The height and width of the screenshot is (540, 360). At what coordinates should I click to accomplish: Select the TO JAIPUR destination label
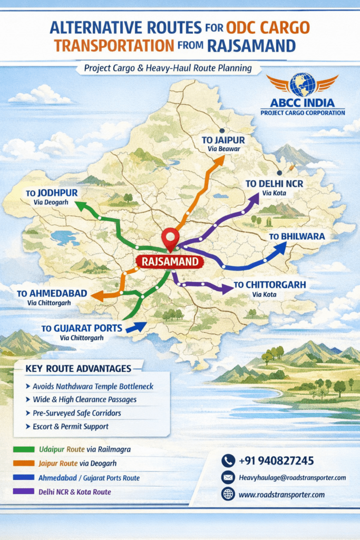coord(223,140)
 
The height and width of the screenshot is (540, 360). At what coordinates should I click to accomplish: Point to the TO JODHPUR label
coord(52,194)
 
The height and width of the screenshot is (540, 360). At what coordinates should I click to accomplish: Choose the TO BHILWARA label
coord(297,236)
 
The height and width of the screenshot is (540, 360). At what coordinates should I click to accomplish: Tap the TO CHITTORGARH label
coord(269,285)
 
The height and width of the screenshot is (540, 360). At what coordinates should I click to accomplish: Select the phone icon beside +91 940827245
coord(228,461)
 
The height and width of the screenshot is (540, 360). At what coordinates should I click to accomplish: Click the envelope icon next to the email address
coord(228,478)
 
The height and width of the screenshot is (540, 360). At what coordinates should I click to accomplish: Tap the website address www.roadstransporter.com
coord(281,495)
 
